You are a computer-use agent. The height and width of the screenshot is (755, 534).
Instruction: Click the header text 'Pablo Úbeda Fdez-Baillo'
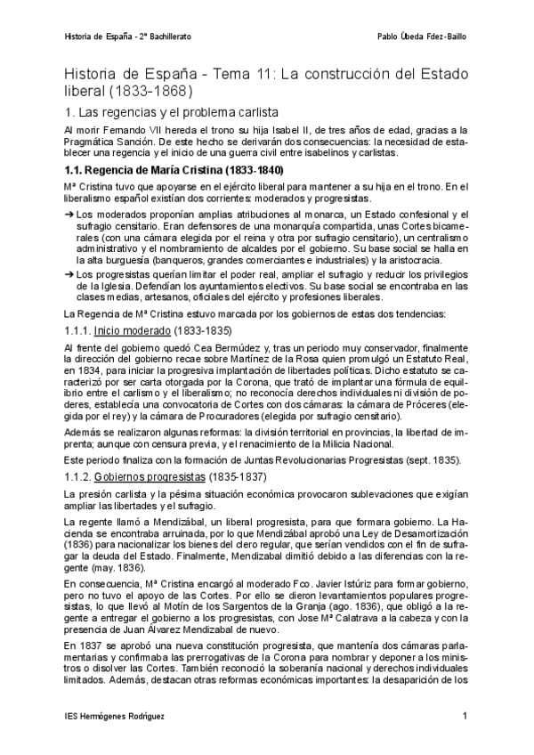421,37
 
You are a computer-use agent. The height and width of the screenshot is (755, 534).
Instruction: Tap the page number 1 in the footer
465,716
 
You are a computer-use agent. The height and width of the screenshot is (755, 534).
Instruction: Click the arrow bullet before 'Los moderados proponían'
70,215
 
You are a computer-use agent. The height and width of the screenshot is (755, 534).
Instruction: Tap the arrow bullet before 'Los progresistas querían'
70,274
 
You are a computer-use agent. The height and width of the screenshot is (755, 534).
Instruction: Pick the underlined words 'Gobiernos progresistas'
149,477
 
